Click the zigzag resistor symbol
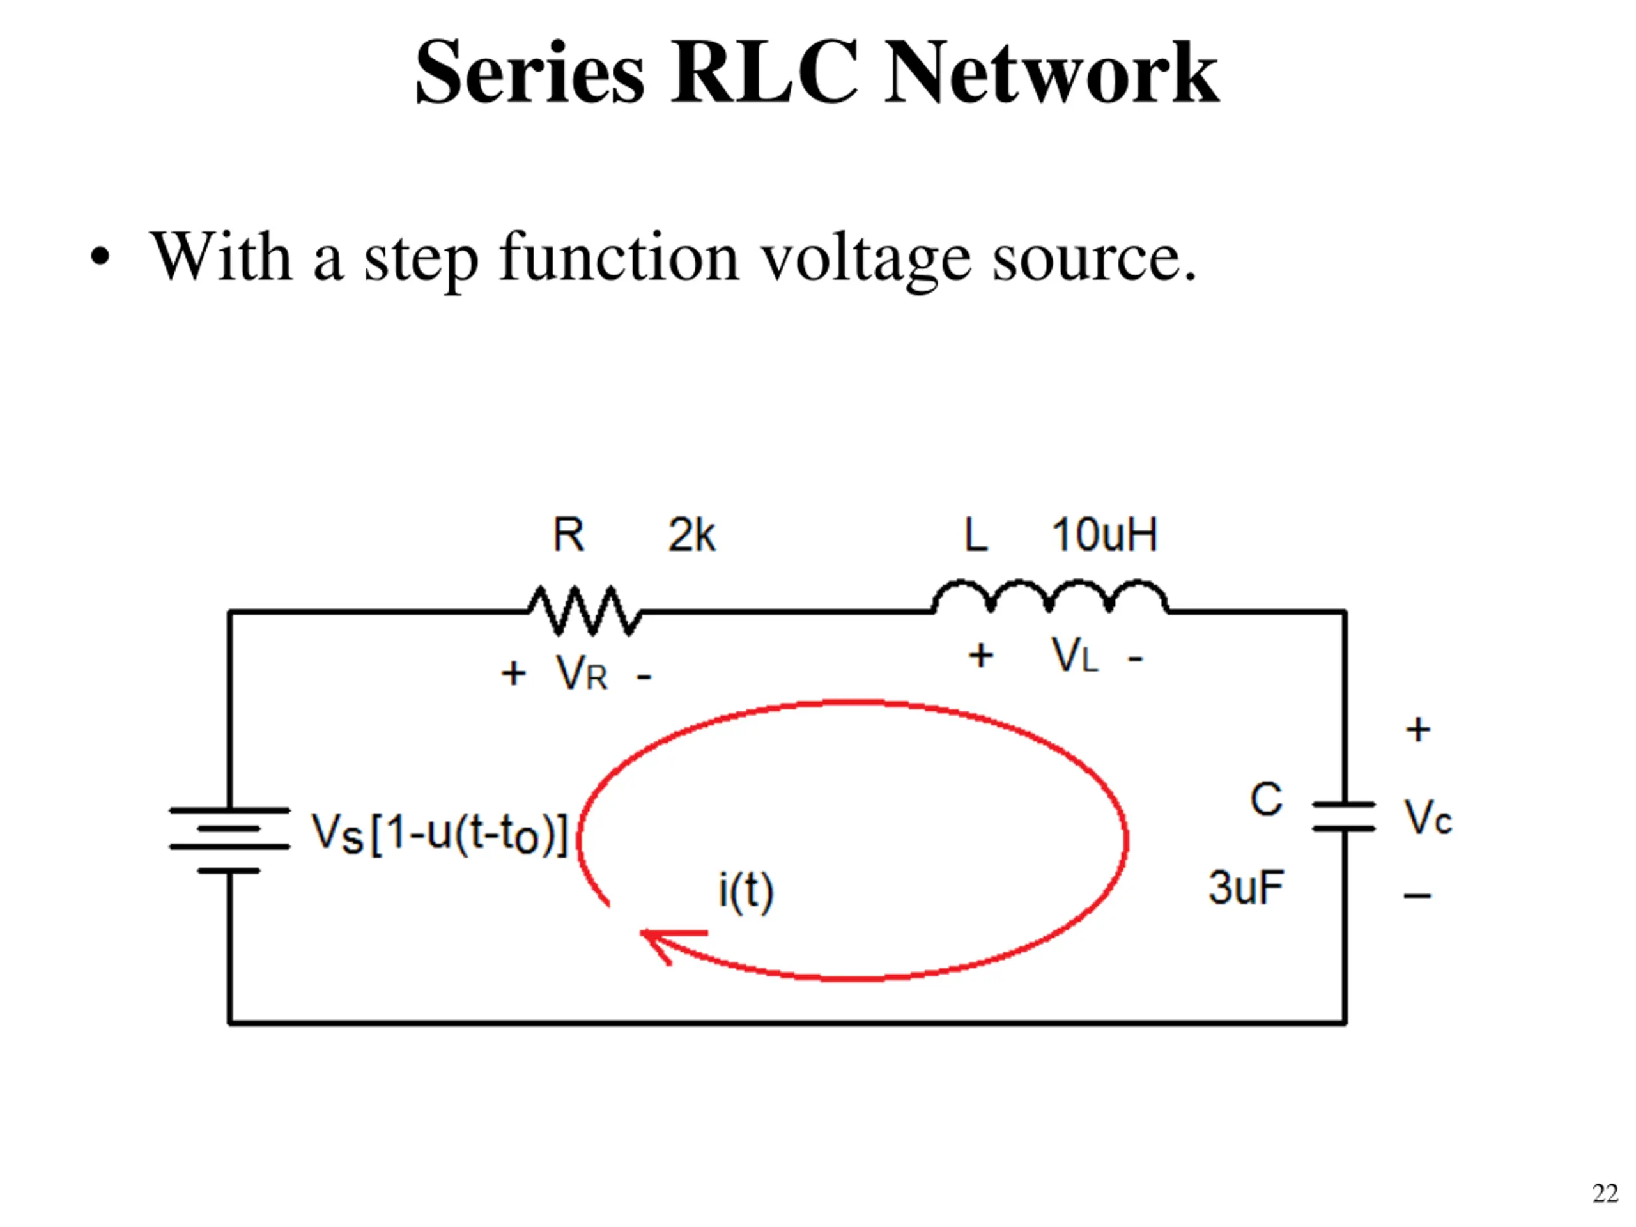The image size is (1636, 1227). tap(584, 611)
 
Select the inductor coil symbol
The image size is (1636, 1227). tap(1050, 596)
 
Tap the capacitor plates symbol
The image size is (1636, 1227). tap(1344, 816)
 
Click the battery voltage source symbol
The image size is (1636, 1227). tap(229, 840)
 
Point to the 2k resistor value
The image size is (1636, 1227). tap(691, 535)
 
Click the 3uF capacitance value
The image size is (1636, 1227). tap(1246, 888)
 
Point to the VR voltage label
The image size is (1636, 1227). tap(582, 674)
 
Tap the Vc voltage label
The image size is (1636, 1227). tap(1428, 817)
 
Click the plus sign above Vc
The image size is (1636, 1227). tap(1418, 730)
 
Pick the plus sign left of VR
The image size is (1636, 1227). tap(513, 674)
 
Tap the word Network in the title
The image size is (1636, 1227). tap(1051, 72)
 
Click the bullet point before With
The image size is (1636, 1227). tap(100, 257)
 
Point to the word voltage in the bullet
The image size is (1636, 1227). tap(866, 259)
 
